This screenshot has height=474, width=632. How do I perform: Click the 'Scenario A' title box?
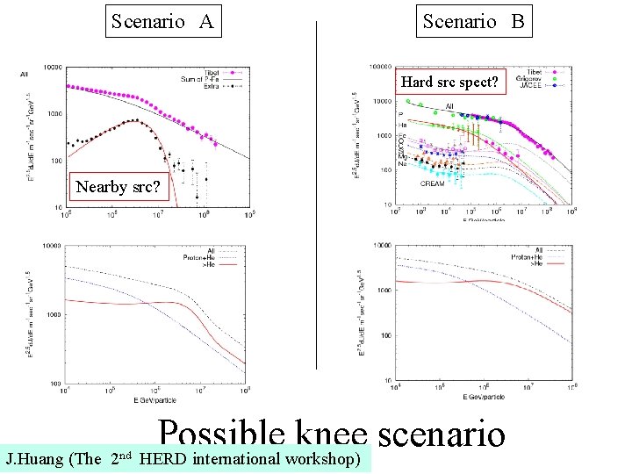click(162, 22)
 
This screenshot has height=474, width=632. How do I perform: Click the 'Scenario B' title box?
click(473, 22)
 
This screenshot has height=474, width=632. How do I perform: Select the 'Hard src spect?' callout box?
click(450, 83)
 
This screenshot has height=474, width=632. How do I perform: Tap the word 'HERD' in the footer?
click(162, 459)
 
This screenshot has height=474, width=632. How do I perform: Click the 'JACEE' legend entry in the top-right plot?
click(537, 85)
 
